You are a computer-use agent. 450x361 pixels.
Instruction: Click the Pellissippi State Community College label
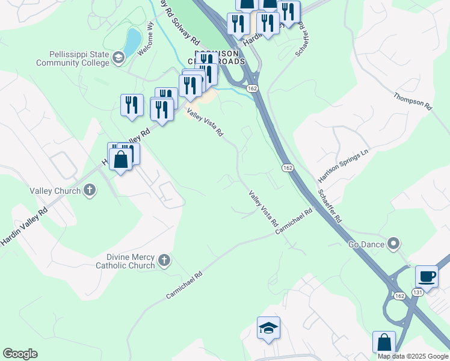pyautogui.click(x=73, y=58)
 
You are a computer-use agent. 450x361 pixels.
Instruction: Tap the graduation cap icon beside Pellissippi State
pyautogui.click(x=119, y=58)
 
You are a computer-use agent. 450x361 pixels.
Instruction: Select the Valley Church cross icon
pyautogui.click(x=90, y=191)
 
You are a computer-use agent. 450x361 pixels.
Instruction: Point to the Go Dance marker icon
pyautogui.click(x=393, y=244)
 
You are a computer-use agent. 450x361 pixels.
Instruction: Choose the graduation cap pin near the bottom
pyautogui.click(x=269, y=327)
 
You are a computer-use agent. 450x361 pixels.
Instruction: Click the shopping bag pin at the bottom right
pyautogui.click(x=384, y=342)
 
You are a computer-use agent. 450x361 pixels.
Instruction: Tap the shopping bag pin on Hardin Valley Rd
pyautogui.click(x=121, y=159)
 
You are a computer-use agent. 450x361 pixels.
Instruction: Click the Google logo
pyautogui.click(x=20, y=353)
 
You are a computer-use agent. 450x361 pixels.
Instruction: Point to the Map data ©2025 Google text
pyautogui.click(x=413, y=356)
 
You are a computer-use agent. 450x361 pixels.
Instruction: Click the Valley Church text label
pyautogui.click(x=55, y=191)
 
